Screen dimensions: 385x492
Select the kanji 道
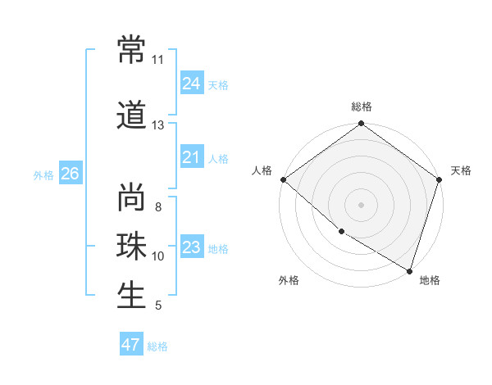click(x=132, y=115)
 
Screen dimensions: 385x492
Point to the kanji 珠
click(x=132, y=247)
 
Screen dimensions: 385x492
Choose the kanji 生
click(x=132, y=296)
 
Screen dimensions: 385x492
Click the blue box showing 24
click(x=192, y=84)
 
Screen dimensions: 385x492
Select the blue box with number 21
click(x=192, y=157)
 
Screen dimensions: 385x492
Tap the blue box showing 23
click(x=192, y=247)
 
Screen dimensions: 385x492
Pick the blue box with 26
click(x=70, y=174)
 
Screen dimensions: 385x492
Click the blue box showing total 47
click(x=131, y=345)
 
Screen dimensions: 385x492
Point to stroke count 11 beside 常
click(x=157, y=60)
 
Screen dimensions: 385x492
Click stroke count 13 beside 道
click(x=157, y=125)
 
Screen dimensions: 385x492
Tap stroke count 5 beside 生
click(x=157, y=306)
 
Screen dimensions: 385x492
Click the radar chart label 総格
click(x=361, y=106)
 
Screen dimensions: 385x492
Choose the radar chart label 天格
click(x=461, y=170)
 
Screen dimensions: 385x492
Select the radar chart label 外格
click(x=289, y=280)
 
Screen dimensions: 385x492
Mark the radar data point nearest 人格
click(x=283, y=179)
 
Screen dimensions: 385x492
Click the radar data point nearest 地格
click(x=409, y=269)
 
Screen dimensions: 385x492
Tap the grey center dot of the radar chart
click(x=361, y=204)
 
